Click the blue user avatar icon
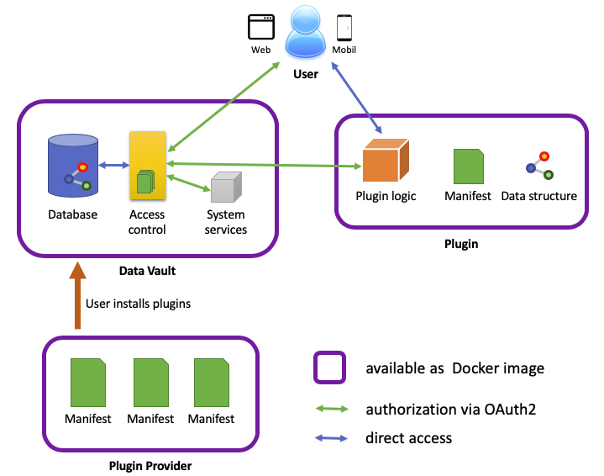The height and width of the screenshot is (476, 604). click(x=306, y=32)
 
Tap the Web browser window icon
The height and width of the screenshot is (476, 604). click(x=261, y=27)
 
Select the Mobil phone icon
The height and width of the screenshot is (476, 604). click(x=344, y=28)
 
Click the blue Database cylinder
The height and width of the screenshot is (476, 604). click(x=73, y=165)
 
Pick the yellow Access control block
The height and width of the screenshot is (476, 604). click(x=148, y=165)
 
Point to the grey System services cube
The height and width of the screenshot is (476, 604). click(x=226, y=187)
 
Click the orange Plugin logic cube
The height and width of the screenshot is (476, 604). click(x=386, y=160)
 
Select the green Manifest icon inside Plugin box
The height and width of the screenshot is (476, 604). click(x=469, y=167)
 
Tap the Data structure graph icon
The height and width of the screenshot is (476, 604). click(x=539, y=166)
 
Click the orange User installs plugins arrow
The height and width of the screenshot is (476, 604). click(x=77, y=295)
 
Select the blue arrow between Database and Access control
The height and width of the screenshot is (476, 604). click(x=114, y=166)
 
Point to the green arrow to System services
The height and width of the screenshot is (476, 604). click(x=189, y=182)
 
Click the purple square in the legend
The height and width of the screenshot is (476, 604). click(x=330, y=368)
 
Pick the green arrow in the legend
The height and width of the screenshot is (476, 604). click(x=332, y=409)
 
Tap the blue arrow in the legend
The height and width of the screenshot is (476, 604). click(x=331, y=438)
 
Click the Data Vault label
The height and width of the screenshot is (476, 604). click(x=147, y=271)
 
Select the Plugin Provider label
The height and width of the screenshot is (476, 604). click(x=150, y=466)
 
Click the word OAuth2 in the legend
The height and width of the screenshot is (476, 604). click(x=510, y=410)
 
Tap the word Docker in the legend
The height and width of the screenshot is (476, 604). click(x=476, y=368)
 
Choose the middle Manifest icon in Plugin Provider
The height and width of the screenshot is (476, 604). click(x=151, y=383)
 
